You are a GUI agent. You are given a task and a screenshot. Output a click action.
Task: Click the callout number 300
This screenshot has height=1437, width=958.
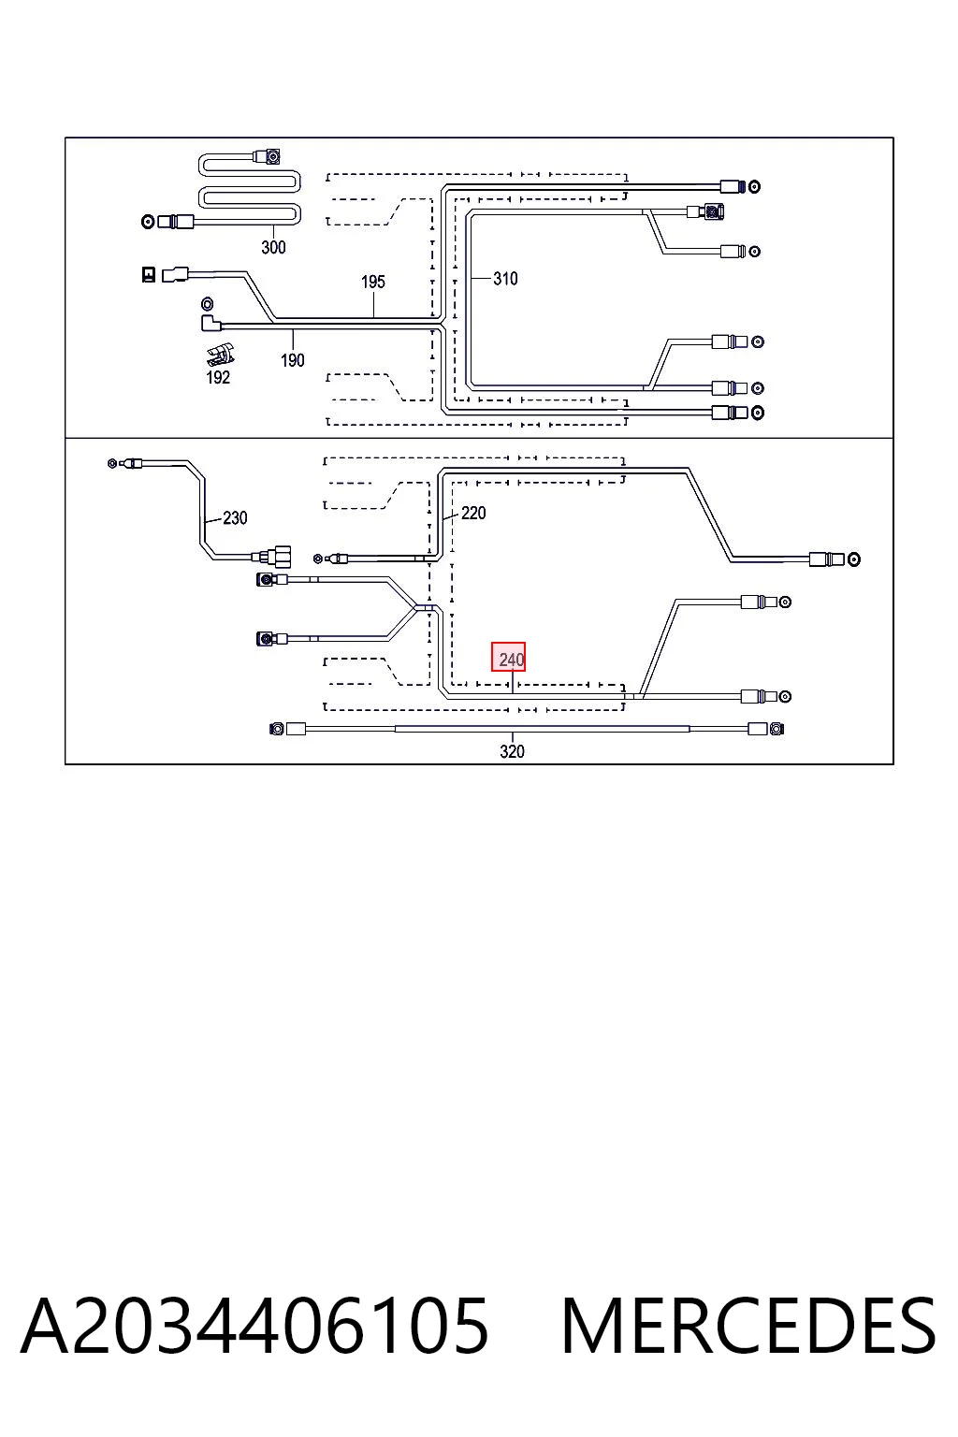273,247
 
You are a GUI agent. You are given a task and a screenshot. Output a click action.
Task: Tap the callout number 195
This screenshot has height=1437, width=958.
372,282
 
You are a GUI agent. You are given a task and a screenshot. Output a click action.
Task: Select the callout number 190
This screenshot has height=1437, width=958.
293,360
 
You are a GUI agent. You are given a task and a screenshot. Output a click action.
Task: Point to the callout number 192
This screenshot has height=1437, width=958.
218,377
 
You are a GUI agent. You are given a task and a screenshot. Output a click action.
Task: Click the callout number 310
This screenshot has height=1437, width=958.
505,279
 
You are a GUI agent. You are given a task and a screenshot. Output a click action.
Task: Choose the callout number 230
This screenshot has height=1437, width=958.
235,517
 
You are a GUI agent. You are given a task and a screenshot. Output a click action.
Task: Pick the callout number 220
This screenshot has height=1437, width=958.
473,513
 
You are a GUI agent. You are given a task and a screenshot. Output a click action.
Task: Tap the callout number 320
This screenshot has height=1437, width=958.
512,751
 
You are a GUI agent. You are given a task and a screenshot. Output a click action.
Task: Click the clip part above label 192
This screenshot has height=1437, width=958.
221,355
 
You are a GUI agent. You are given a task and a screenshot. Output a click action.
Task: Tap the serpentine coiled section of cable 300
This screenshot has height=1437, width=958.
250,189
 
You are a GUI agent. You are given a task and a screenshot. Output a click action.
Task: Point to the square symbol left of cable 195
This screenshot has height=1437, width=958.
149,274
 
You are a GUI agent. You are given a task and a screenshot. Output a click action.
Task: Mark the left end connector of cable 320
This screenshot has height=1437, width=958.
287,729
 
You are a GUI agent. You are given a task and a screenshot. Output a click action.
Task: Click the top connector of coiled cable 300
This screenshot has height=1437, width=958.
268,156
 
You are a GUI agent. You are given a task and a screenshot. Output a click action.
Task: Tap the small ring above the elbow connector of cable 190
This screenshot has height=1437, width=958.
208,303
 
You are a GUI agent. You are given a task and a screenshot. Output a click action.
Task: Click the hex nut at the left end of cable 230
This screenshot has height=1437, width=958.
111,462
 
